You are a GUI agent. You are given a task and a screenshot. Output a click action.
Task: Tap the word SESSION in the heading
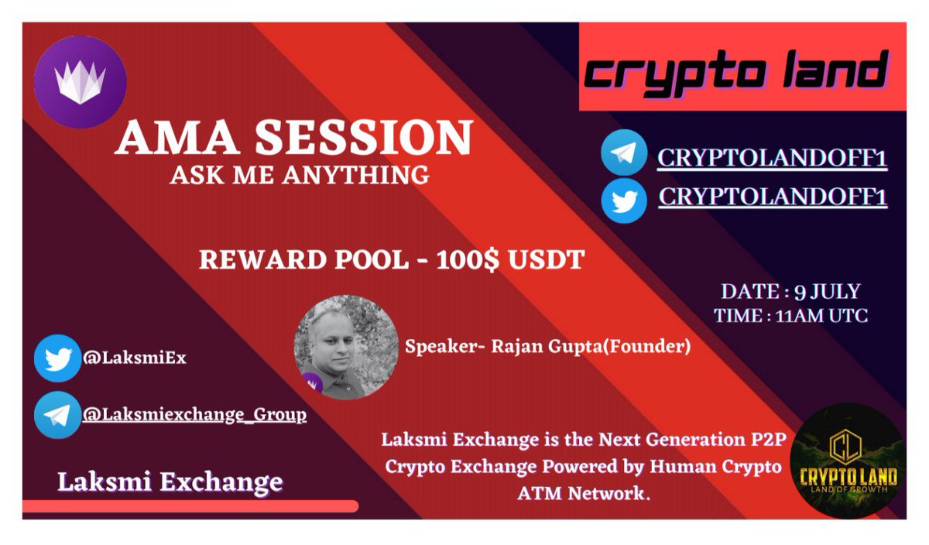click(364, 139)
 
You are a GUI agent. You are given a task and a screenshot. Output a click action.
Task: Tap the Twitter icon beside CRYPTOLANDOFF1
click(624, 200)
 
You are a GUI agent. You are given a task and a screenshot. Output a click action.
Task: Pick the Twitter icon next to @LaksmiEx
click(58, 358)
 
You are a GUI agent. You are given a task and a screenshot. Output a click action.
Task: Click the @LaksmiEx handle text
click(135, 358)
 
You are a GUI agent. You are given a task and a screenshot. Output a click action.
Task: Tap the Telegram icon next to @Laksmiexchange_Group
click(58, 415)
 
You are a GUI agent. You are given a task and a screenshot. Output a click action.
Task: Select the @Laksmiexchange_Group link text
click(194, 415)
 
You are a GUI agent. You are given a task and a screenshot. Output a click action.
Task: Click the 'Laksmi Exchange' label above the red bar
click(170, 482)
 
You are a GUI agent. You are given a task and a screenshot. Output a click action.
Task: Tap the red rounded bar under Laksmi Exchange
click(190, 506)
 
